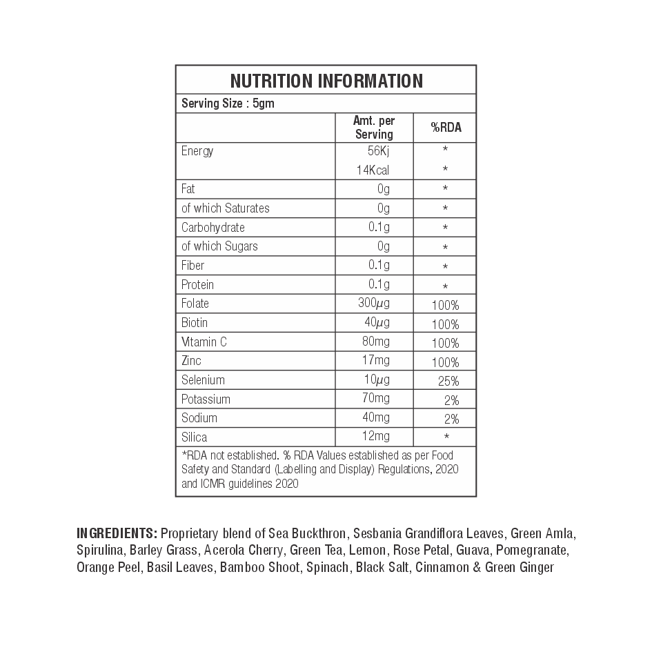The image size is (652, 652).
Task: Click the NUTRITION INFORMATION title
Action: pos(326,81)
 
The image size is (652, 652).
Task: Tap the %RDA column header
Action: pos(446,128)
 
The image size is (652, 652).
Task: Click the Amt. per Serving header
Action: pos(374,128)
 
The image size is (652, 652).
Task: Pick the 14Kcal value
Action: pos(373,170)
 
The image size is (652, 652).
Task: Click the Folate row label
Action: pos(195,304)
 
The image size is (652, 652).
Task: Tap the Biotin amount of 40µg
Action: pos(377,322)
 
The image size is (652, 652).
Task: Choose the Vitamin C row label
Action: pos(204,342)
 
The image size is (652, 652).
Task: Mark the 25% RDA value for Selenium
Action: pos(448,380)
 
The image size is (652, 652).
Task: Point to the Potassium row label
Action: pos(206,399)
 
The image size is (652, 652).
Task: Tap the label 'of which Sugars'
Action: pos(219,246)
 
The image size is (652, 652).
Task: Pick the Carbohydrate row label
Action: pos(213,227)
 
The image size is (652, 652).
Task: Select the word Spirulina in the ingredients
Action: pos(100,551)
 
